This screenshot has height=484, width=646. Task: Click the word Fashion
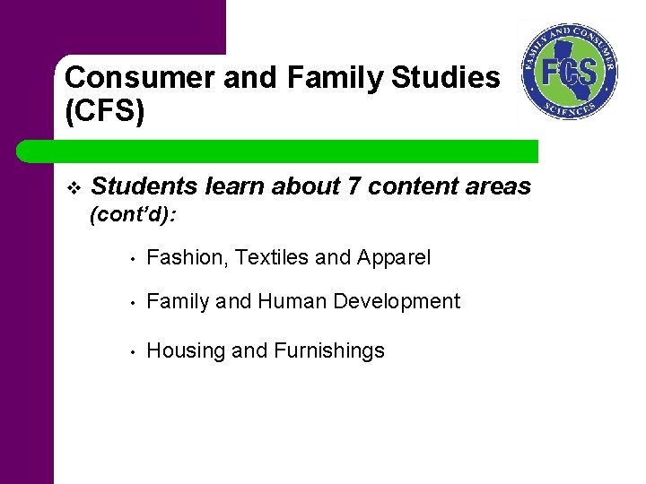click(x=182, y=258)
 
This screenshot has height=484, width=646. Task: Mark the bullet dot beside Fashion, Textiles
click(x=131, y=260)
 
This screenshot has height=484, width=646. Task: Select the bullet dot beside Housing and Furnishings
click(x=131, y=352)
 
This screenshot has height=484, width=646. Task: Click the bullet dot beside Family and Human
click(x=131, y=303)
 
